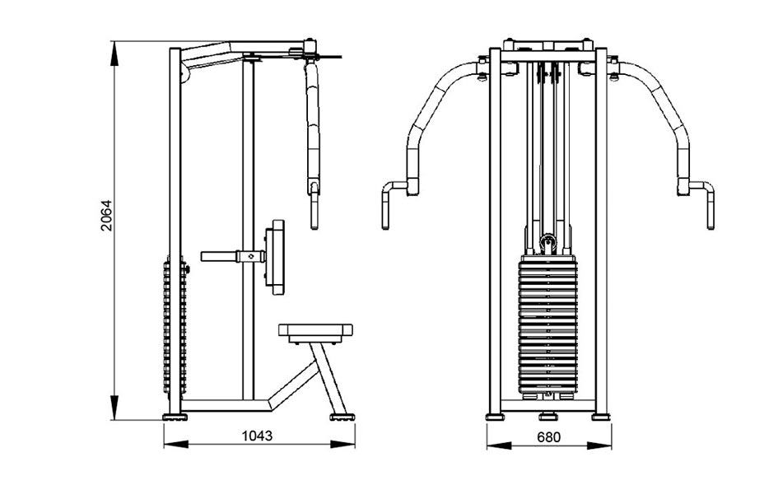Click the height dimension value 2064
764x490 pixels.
point(106,215)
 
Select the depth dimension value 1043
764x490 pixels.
point(257,436)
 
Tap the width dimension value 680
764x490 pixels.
point(548,436)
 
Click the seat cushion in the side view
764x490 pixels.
point(315,330)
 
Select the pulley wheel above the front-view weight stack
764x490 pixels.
point(548,241)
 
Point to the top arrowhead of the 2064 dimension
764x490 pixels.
point(114,54)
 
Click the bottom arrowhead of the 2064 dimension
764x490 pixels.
point(114,408)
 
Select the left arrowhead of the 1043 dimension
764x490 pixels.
point(176,444)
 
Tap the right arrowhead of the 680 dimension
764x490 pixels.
point(599,446)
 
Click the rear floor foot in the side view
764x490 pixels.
point(175,417)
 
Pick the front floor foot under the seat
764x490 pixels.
point(342,417)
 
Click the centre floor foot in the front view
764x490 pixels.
point(548,416)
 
